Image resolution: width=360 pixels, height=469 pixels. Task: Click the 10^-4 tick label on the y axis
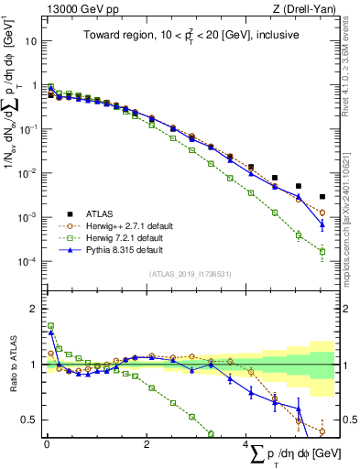click(27, 262)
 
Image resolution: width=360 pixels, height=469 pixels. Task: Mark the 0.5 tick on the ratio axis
click(30, 420)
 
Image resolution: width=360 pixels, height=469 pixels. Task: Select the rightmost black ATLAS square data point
click(322, 197)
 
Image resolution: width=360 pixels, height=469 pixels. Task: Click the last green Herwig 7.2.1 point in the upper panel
click(322, 251)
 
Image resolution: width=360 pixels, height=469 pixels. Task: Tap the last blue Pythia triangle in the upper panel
click(322, 224)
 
